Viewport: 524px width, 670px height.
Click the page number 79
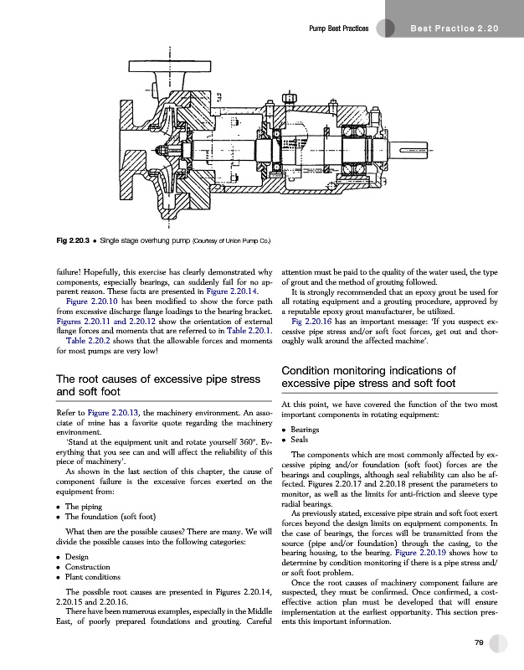(x=480, y=642)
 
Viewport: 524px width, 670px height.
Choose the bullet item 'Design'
(x=78, y=558)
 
